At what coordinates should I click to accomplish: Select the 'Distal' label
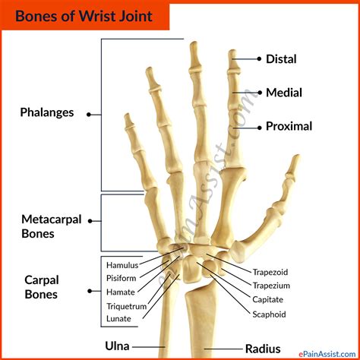tap(280, 58)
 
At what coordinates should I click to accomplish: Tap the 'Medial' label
tap(283, 93)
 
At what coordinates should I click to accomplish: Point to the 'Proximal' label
tap(288, 126)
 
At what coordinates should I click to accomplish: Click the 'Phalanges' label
tap(47, 112)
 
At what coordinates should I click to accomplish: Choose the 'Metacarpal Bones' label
tap(49, 226)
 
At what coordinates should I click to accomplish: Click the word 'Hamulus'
tap(122, 265)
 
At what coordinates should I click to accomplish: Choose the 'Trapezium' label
tap(270, 286)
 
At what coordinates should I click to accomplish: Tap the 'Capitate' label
tap(269, 299)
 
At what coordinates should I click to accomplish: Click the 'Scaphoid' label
tap(269, 313)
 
